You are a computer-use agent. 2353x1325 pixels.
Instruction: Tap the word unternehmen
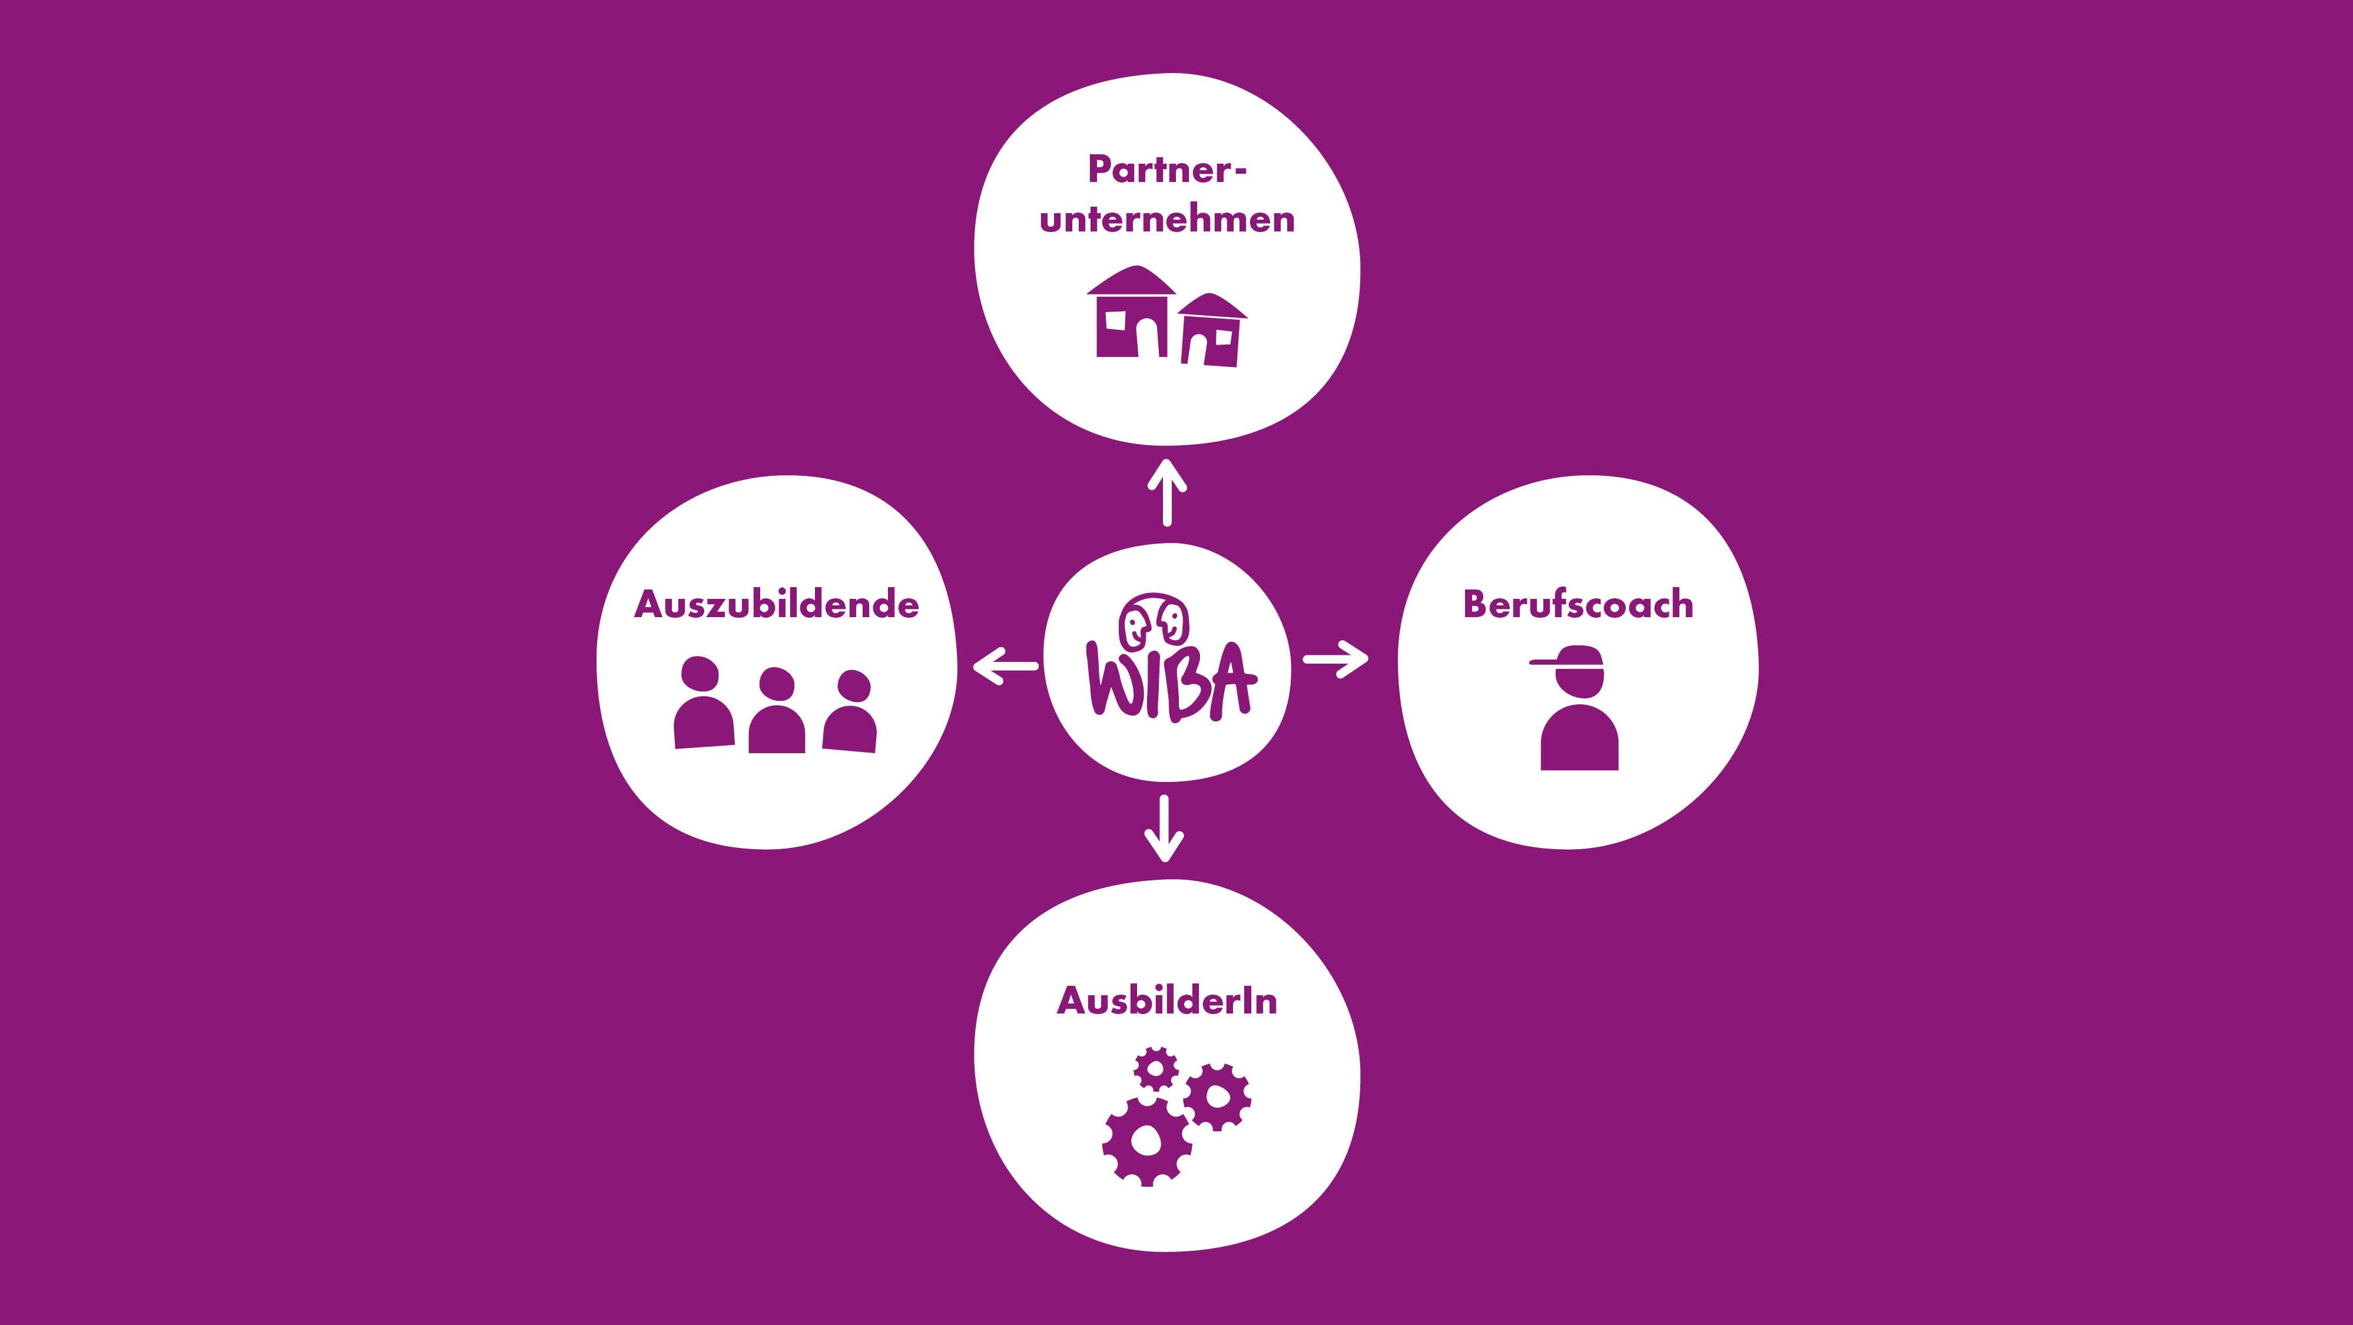tap(1166, 219)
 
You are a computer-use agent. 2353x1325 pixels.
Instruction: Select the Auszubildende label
tap(777, 605)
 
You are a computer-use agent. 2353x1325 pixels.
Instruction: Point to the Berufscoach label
tap(1577, 605)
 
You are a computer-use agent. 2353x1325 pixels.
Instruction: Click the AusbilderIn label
tap(1166, 1002)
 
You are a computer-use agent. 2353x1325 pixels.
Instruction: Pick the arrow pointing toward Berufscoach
tap(1335, 658)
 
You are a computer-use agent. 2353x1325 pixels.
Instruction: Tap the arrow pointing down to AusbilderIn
tap(1164, 830)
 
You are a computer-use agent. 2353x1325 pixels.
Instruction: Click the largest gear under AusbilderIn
tap(1146, 1141)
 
